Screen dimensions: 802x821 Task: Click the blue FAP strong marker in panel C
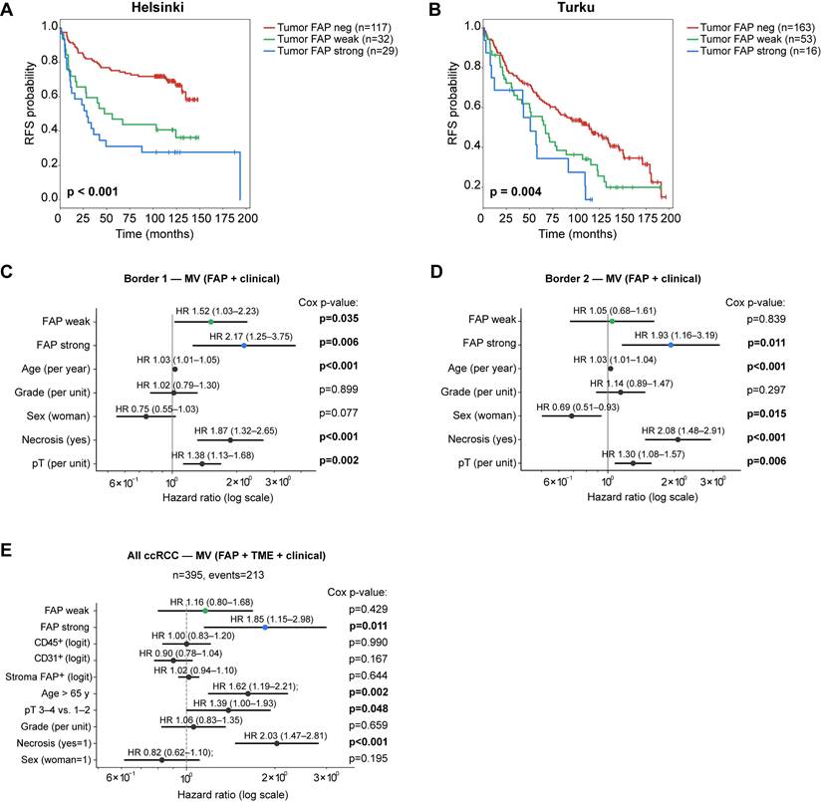point(244,346)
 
